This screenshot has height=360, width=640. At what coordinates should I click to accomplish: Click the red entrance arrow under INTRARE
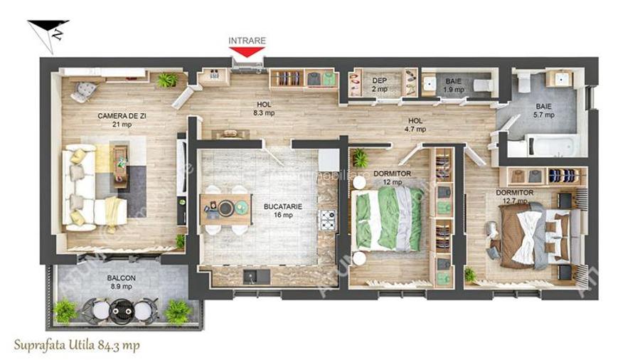pyautogui.click(x=247, y=52)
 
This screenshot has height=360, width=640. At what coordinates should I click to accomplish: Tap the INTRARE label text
pyautogui.click(x=247, y=41)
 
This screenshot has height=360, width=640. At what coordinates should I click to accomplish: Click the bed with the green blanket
pyautogui.click(x=389, y=218)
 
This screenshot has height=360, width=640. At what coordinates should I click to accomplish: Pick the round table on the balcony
pyautogui.click(x=122, y=308)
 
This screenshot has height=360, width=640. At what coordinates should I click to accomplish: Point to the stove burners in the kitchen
pyautogui.click(x=328, y=220)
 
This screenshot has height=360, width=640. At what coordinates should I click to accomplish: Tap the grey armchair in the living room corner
pyautogui.click(x=84, y=91)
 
